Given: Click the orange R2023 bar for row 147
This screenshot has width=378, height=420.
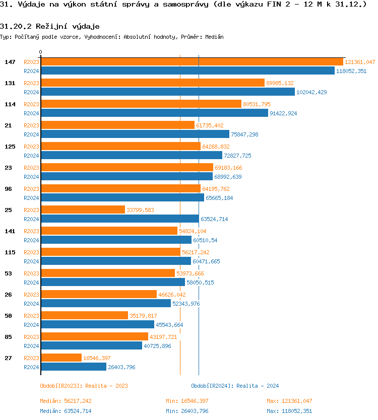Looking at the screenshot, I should tap(192, 62).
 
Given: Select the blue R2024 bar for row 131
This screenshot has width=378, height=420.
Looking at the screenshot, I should tap(167, 92).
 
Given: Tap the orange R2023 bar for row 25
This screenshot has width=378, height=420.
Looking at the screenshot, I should tap(83, 210).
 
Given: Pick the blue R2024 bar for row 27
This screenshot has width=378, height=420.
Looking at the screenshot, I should tap(74, 367).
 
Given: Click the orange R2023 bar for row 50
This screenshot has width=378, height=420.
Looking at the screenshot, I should tap(84, 316).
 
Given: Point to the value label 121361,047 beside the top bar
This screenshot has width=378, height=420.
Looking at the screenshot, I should tap(360, 62).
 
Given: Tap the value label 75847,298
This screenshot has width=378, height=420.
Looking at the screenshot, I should tap(244, 134).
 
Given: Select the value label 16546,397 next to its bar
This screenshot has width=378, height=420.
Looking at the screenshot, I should tap(97, 358).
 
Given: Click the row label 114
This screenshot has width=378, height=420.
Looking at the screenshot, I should tap(10, 104).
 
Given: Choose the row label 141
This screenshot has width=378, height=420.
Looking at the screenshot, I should tap(10, 231).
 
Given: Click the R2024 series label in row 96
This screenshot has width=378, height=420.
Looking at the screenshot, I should tap(31, 198).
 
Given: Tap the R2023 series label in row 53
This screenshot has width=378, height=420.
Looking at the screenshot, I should tap(31, 273).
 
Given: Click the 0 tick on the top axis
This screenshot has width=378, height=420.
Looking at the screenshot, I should tap(41, 52).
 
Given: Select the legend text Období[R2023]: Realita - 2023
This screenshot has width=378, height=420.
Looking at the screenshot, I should tap(84, 386).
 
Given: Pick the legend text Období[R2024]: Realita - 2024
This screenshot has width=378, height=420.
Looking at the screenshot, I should tap(235, 386).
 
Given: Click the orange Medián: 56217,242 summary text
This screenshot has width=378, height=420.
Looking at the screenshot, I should tap(66, 401).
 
